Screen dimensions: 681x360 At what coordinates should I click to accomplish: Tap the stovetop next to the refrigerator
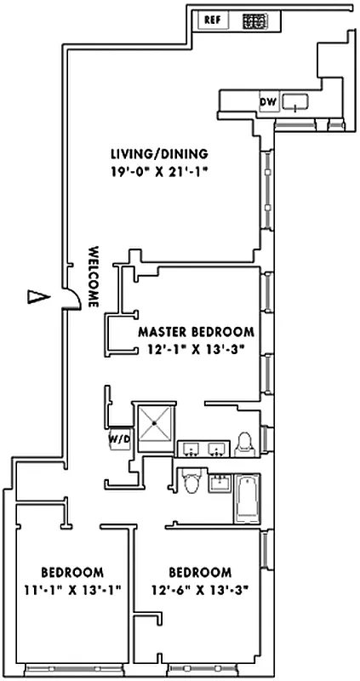coord(254,21)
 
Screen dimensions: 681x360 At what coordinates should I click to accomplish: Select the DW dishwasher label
coord(267,103)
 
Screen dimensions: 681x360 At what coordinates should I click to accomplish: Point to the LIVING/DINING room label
coord(159,154)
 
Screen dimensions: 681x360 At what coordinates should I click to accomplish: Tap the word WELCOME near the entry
coord(94,278)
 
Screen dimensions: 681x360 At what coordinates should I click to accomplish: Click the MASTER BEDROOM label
coord(196,332)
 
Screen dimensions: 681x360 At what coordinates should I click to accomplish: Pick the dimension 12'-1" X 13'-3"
coord(196,349)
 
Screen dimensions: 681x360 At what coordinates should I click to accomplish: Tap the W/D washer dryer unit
coord(117,440)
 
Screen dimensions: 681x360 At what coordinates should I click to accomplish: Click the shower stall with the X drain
coord(156,423)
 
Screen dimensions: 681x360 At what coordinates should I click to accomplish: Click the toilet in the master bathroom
coord(245,442)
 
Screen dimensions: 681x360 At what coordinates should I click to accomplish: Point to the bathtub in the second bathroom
coord(246,497)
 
